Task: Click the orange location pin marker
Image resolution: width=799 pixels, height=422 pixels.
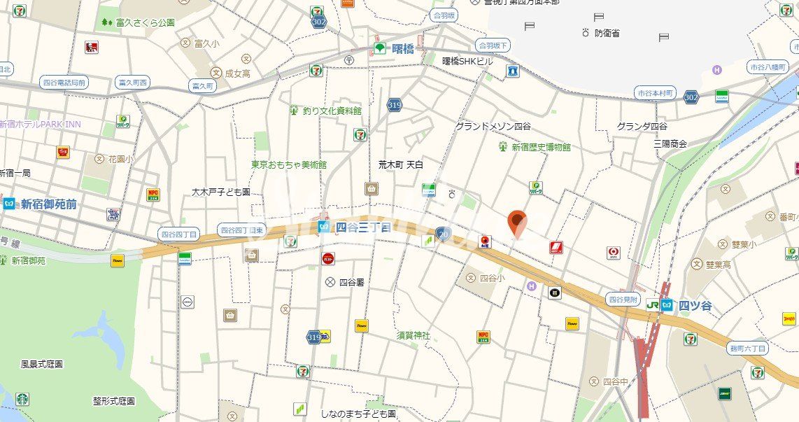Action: [x=517, y=223]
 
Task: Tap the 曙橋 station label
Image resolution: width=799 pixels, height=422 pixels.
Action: [x=403, y=48]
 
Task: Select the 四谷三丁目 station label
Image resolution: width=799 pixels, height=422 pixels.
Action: [x=362, y=227]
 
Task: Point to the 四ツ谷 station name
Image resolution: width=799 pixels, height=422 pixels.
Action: [x=695, y=305]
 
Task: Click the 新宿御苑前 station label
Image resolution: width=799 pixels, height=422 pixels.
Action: [x=48, y=204]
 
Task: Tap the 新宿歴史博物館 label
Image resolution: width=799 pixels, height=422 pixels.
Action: [x=541, y=147]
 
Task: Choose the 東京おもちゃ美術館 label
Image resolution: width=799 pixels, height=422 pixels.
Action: [x=289, y=165]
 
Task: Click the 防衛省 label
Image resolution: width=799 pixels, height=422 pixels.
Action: [x=607, y=33]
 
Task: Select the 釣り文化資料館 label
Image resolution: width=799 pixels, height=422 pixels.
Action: [x=332, y=111]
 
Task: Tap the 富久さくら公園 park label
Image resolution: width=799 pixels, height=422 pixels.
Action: [x=147, y=22]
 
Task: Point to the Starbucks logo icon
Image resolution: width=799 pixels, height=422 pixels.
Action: [x=22, y=399]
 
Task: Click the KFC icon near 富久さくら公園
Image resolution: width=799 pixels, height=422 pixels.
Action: [x=91, y=48]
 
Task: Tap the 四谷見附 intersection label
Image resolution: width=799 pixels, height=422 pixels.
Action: [x=623, y=299]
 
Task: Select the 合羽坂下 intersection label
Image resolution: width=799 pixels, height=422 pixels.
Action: [x=493, y=45]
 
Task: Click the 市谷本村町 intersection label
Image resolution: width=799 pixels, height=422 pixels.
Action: [x=655, y=93]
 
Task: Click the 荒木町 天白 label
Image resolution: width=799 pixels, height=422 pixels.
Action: [x=400, y=164]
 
